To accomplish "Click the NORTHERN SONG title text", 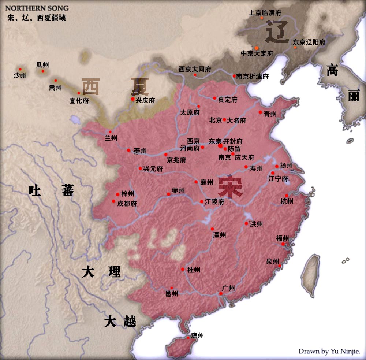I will tap(37, 8).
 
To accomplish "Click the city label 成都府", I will tap(127, 204).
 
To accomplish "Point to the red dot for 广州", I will tap(221, 294).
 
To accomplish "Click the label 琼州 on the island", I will tap(197, 335).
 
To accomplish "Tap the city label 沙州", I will tap(20, 76).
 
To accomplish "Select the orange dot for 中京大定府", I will tap(257, 48).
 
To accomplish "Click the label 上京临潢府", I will tap(265, 12).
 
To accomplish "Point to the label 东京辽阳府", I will tap(309, 42).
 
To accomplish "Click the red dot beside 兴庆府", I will tap(132, 99).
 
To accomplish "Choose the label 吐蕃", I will tap(51, 191).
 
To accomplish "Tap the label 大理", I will tap(101, 272).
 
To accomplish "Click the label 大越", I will tap(120, 322).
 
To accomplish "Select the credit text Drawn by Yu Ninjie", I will tap(329, 351).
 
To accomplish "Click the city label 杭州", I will tap(287, 201).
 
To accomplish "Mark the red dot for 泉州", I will tap(280, 266).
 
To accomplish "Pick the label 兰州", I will tap(111, 138).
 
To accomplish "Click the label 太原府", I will tap(190, 112).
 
